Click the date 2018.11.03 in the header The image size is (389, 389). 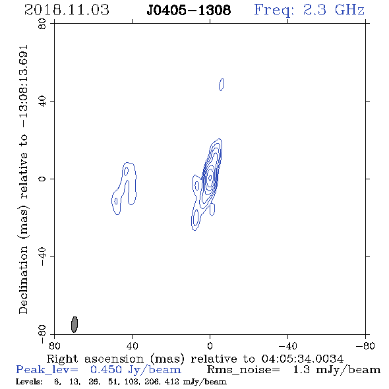coord(67,10)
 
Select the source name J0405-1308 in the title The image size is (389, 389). coord(189,11)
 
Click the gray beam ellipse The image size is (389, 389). coord(75,324)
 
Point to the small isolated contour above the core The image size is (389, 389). coord(222,84)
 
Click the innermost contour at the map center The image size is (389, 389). coord(210,177)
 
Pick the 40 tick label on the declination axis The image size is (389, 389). coord(42,102)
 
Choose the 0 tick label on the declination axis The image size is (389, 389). coord(42,179)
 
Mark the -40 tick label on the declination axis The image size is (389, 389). coord(42,256)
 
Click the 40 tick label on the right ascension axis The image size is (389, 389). coord(132,346)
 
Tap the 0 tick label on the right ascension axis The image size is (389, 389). coord(210,346)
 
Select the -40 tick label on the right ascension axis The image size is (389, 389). coord(287,346)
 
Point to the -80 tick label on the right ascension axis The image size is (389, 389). coord(365,346)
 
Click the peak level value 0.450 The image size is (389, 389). coord(106,370)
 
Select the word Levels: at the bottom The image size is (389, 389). coord(29,382)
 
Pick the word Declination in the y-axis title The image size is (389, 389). coord(23,280)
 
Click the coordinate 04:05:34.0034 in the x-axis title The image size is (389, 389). coord(303,359)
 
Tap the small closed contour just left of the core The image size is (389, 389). coord(197,186)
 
